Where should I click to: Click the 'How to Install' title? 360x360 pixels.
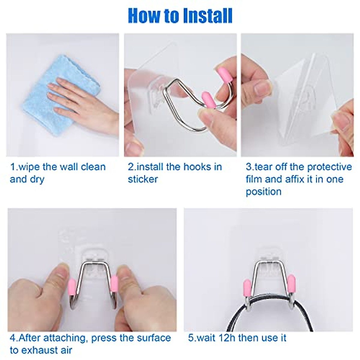tap(180, 16)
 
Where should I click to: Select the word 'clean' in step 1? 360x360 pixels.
tap(93, 167)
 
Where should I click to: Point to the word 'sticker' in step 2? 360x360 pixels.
tap(143, 179)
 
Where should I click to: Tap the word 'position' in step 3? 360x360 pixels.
tap(263, 192)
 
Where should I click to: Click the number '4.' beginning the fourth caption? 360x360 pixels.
tap(14, 338)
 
